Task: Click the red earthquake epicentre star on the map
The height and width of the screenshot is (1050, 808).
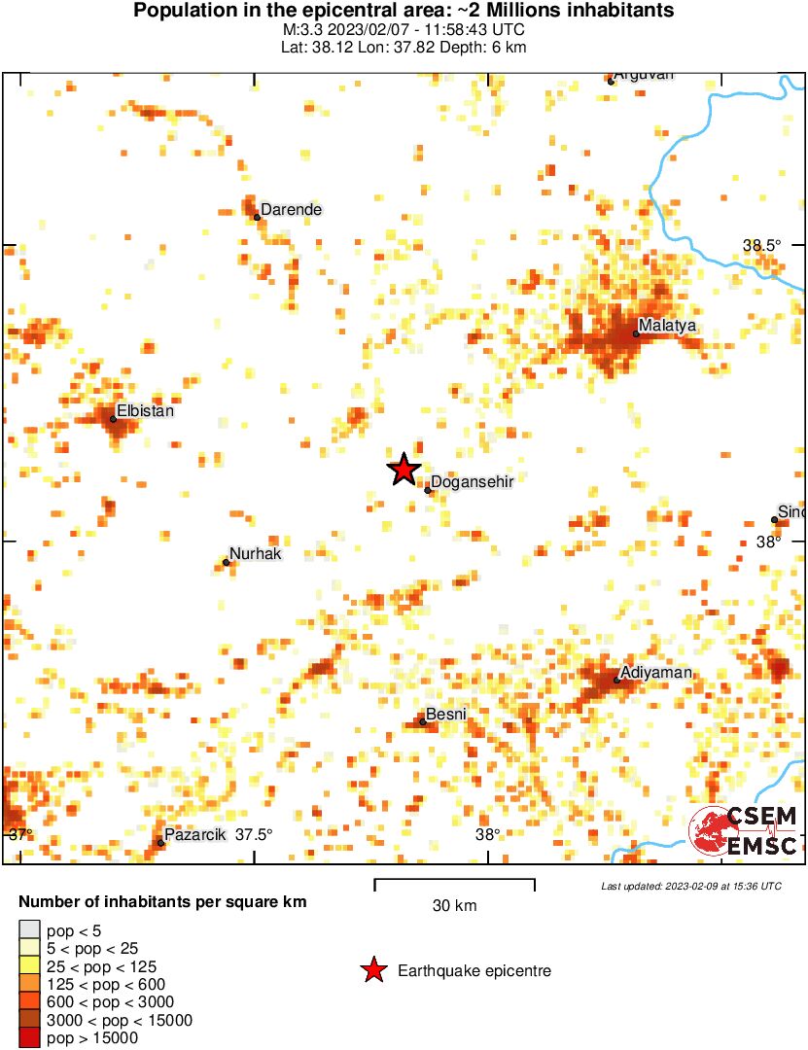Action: [404, 470]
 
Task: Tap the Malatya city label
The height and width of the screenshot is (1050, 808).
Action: [667, 326]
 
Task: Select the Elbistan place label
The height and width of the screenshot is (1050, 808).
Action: [145, 411]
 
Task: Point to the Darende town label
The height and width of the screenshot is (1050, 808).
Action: [291, 209]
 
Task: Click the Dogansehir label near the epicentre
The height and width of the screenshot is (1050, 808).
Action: [472, 481]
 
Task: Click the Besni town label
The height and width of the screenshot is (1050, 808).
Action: [446, 715]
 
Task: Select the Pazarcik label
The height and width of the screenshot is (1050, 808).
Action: [194, 834]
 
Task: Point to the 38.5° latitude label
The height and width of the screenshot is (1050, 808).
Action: [761, 246]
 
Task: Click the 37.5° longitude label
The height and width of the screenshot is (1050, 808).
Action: [254, 834]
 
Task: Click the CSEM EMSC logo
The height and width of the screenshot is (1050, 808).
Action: [744, 832]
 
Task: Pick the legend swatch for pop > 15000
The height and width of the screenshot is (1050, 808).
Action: [29, 1038]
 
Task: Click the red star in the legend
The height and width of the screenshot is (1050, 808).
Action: [372, 970]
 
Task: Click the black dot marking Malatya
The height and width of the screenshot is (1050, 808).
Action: [636, 333]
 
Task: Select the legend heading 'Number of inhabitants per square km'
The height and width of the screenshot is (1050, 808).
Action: [162, 902]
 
